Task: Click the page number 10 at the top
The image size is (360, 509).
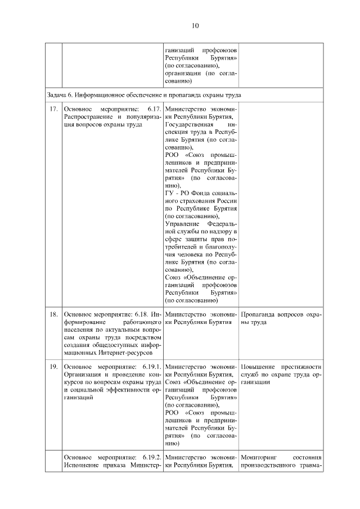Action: pos(195,25)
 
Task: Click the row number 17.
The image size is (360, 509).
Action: pos(54,108)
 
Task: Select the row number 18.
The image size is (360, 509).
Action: pos(54,314)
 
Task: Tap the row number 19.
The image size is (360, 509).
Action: pos(54,367)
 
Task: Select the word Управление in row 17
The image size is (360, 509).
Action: pos(183,223)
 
